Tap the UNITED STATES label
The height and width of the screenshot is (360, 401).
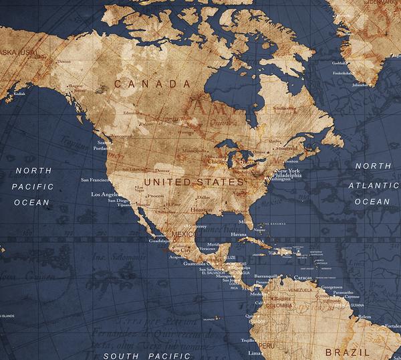[x=194, y=181]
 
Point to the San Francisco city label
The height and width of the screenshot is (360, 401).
[x=95, y=180]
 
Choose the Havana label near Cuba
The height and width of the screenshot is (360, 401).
[x=239, y=235]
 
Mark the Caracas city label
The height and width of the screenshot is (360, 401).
[x=303, y=276]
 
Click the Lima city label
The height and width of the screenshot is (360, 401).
[x=254, y=353]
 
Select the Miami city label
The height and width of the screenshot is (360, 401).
[x=247, y=221]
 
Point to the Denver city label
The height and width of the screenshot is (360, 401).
[x=162, y=171]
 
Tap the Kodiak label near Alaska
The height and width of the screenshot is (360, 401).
[x=19, y=94]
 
